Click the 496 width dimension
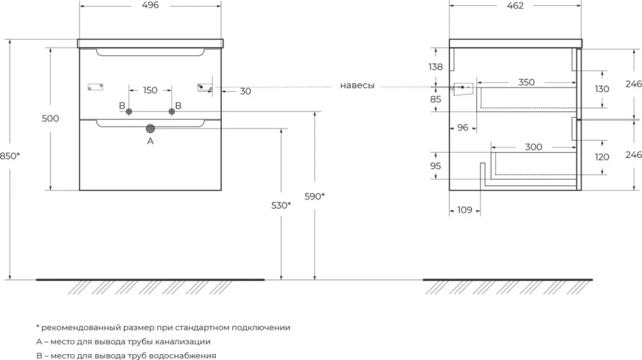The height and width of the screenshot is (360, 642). [150, 5]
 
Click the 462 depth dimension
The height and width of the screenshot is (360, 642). [515, 6]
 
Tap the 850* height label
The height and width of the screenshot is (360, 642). [10, 156]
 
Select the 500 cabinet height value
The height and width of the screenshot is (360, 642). [50, 118]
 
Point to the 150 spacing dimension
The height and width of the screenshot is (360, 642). [150, 90]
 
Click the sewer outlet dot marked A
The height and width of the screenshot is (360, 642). [150, 128]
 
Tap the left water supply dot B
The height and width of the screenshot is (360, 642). [128, 111]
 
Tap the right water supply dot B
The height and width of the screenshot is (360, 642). [171, 111]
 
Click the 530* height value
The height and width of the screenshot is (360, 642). [281, 205]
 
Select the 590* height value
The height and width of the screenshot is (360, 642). [314, 196]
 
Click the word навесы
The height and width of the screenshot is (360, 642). [357, 85]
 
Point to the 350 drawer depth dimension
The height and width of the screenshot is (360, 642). [526, 82]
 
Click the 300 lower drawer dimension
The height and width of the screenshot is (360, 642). [533, 147]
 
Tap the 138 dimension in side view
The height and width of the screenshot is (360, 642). [436, 67]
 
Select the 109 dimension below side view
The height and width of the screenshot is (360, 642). [465, 210]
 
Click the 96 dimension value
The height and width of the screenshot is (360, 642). [463, 128]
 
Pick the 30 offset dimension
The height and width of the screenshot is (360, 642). [246, 91]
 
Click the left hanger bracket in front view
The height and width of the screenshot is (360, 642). [95, 87]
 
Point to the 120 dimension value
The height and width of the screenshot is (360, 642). [602, 157]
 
